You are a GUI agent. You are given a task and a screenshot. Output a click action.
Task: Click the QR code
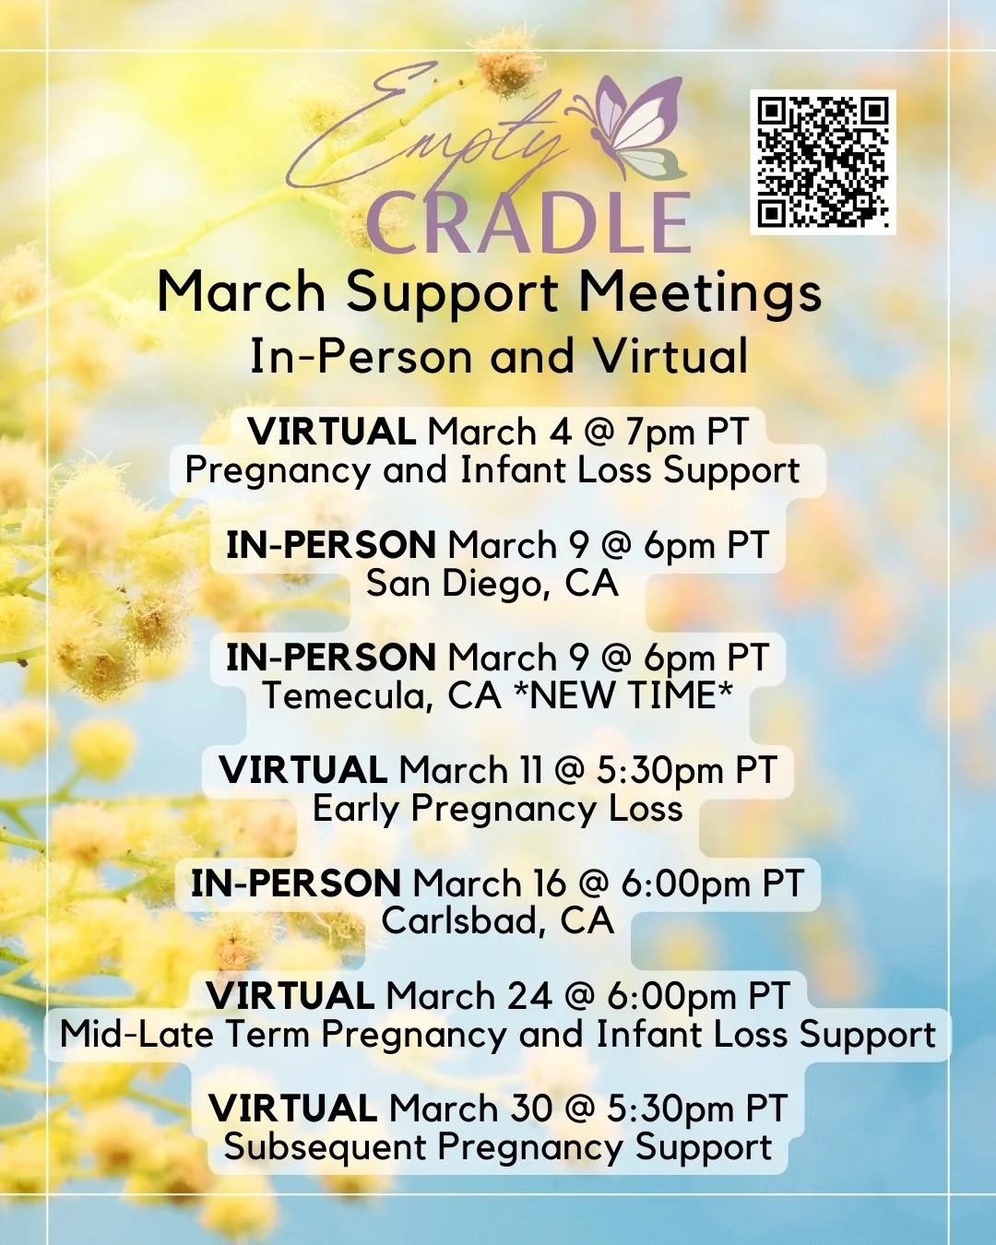coord(823,162)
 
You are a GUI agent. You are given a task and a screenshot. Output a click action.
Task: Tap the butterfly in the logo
coord(636,129)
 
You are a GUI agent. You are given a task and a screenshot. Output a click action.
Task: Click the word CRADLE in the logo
coord(528,224)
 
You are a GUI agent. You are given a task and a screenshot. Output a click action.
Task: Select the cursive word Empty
coord(424,129)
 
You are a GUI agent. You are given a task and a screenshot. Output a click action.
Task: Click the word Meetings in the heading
coord(700,293)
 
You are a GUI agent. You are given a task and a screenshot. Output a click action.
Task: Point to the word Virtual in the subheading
coord(670,357)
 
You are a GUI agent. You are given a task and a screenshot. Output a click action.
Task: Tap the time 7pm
coord(661,433)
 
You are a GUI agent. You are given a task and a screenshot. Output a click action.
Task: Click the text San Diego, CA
coord(492,584)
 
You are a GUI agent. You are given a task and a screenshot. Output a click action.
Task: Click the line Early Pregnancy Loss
coord(498,809)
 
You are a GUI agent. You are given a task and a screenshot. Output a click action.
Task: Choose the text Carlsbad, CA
coord(498,921)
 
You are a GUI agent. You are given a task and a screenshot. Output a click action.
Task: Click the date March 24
coord(468,997)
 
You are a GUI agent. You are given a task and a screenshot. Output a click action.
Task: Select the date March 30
coord(470,1109)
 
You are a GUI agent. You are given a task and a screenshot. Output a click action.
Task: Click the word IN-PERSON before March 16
coord(296,883)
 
